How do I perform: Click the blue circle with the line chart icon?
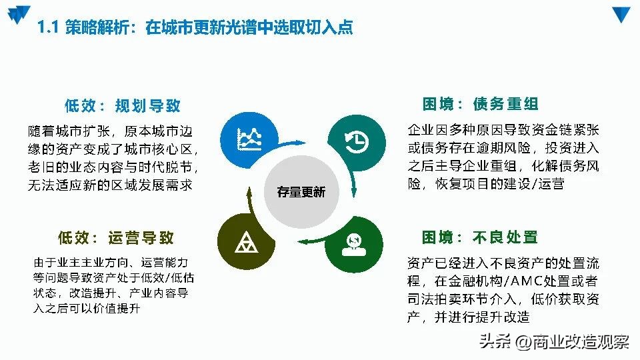coord(249,139)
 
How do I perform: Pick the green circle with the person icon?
coord(354,243)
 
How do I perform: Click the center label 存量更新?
coord(301,192)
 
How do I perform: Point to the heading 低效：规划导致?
coord(123,105)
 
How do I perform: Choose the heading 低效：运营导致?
coord(116,237)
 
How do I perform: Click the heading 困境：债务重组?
coord(481,104)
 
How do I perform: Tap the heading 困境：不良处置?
coord(480,237)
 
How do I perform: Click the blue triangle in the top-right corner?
coord(621,15)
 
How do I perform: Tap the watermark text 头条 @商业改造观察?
coord(553,342)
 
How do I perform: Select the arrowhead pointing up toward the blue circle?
coord(249,193)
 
